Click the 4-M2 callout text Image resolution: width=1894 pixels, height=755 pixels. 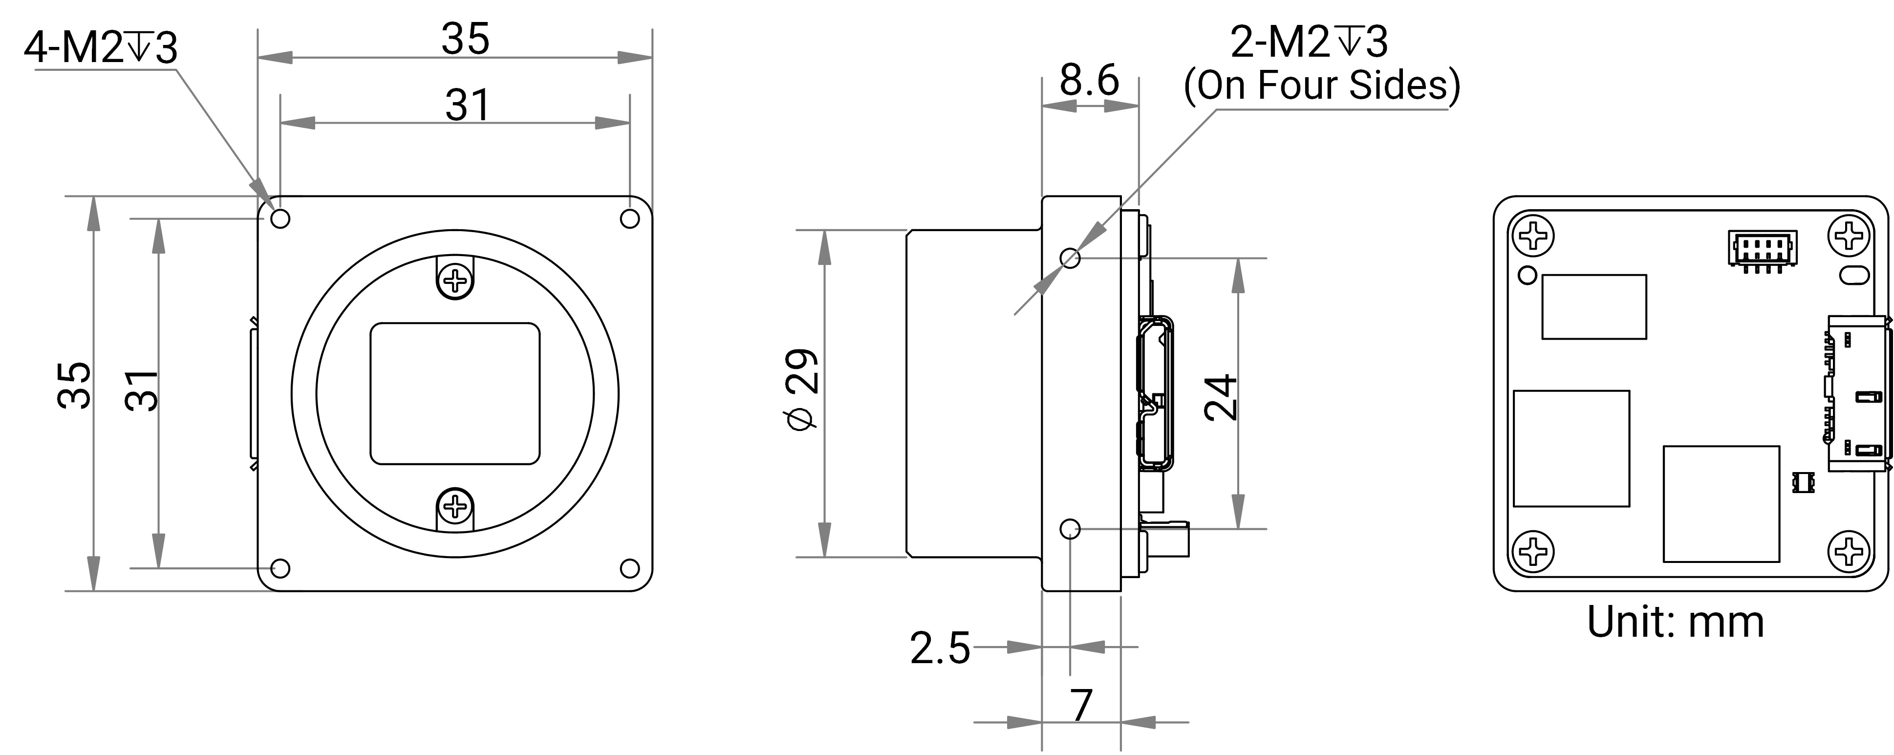(101, 48)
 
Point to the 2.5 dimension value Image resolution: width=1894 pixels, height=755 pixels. (940, 648)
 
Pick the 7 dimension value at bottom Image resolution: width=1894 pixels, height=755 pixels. (1081, 706)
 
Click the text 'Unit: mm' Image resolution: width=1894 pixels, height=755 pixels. (1675, 622)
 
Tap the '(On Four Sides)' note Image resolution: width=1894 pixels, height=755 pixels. (1321, 86)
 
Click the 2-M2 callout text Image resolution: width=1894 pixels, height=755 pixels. (1309, 42)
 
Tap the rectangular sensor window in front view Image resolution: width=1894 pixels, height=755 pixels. (455, 393)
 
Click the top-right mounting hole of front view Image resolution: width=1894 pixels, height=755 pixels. (630, 218)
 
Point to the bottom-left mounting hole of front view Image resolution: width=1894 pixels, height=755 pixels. (280, 568)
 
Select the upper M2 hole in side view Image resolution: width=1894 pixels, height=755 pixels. (1071, 258)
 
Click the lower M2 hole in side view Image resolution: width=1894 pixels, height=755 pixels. (1071, 529)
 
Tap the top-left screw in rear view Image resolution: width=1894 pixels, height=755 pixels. (1533, 237)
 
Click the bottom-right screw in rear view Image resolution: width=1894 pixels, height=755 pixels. (1849, 551)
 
